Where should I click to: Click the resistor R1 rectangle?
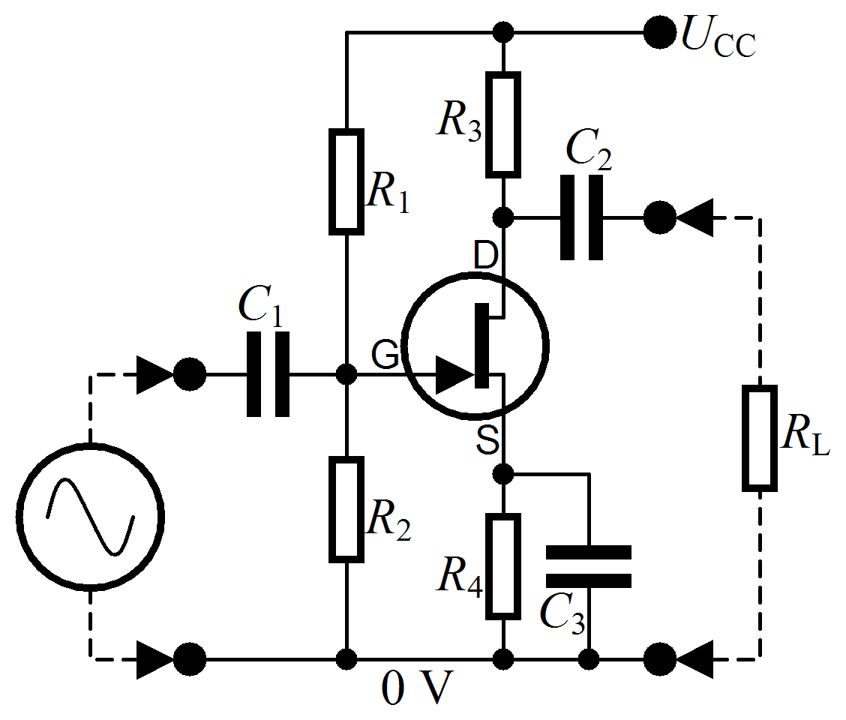tap(346, 181)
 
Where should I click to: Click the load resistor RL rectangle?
tap(759, 439)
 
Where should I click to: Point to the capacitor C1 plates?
tap(268, 373)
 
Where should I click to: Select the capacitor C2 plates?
tap(581, 217)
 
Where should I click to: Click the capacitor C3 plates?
tap(589, 566)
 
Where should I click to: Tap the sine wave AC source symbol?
tap(90, 517)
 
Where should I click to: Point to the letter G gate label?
tap(385, 355)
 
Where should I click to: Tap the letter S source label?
tap(487, 442)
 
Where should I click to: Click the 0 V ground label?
tap(418, 688)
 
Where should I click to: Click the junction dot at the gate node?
tap(346, 373)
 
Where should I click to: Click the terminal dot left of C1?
tap(189, 373)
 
